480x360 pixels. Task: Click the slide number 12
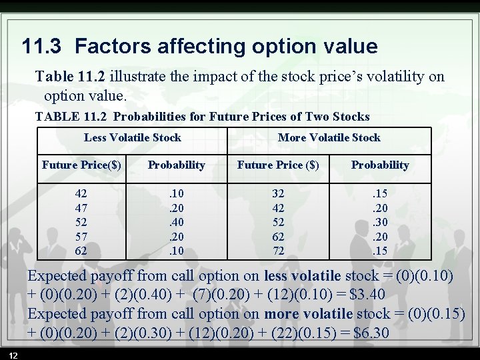[x=14, y=353]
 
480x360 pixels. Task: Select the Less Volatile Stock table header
[x=132, y=138]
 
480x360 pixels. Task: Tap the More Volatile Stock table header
[x=329, y=138]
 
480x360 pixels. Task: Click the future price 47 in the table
[x=81, y=207]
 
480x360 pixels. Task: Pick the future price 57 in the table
[x=81, y=237]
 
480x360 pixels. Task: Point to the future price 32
[x=278, y=193]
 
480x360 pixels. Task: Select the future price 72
[x=278, y=251]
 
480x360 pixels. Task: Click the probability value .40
[x=177, y=222]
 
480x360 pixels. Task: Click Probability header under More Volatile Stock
[x=380, y=165]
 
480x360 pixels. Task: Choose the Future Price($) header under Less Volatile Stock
[x=81, y=165]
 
